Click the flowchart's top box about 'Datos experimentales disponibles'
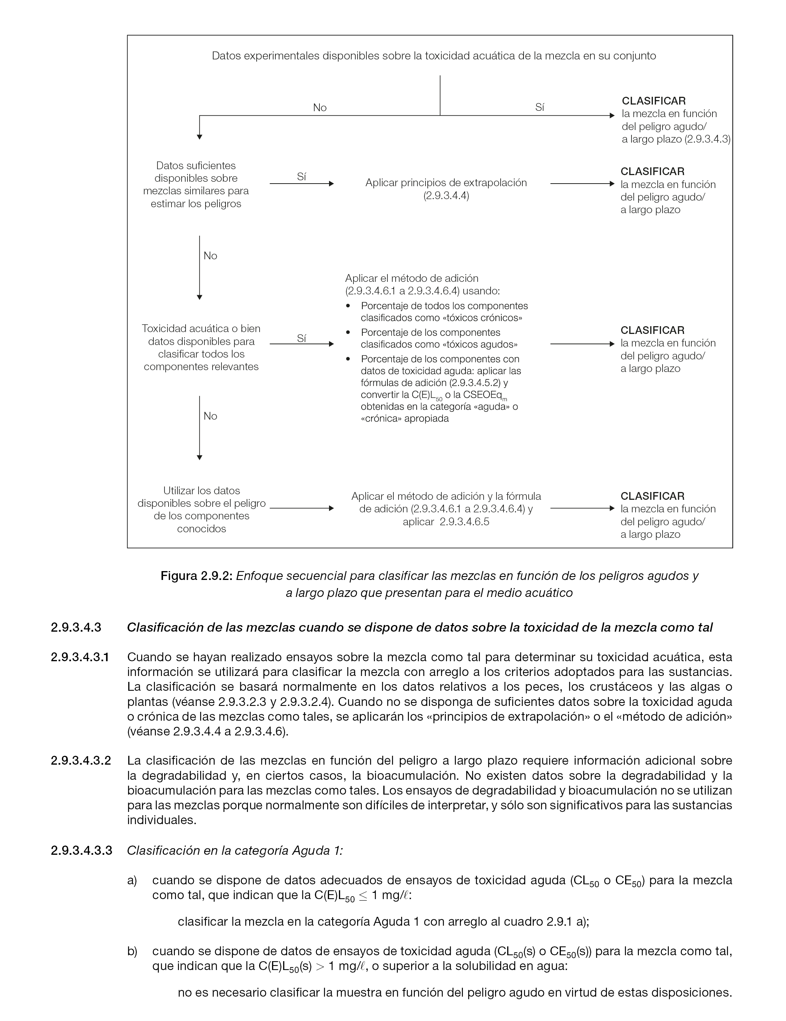[434, 56]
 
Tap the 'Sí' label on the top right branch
[539, 107]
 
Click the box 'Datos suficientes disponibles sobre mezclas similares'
[196, 185]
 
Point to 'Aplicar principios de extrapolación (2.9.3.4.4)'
[446, 189]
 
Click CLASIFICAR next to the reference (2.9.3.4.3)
[654, 101]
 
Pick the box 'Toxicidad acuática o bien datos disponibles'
[201, 347]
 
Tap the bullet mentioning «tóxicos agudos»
[438, 338]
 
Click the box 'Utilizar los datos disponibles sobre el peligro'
[201, 509]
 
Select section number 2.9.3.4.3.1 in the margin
[80, 657]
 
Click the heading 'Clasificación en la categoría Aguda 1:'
[235, 850]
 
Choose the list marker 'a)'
[132, 881]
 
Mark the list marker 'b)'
[132, 951]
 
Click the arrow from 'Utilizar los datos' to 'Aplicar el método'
[302, 508]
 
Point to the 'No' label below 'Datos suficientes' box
[210, 256]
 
